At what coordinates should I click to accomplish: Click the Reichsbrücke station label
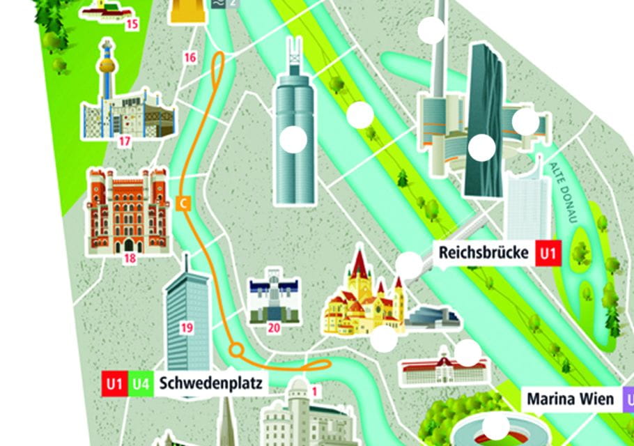point(484,252)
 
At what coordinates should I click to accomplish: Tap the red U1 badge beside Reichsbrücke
point(548,253)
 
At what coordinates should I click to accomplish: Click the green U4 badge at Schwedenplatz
point(141,383)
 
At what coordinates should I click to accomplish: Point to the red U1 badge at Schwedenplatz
point(114,383)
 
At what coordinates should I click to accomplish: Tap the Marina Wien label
point(571,399)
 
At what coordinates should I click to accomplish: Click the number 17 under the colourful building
point(125,142)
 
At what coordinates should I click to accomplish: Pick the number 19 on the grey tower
point(186,327)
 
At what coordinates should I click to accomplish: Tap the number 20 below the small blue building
point(274,328)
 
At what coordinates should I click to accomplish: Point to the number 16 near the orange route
point(190,58)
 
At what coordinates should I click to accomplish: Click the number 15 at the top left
point(132,25)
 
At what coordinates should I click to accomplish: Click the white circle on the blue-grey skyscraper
point(293,140)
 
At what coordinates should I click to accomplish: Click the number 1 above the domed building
point(314,391)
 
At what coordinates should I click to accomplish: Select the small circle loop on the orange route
point(237,349)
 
